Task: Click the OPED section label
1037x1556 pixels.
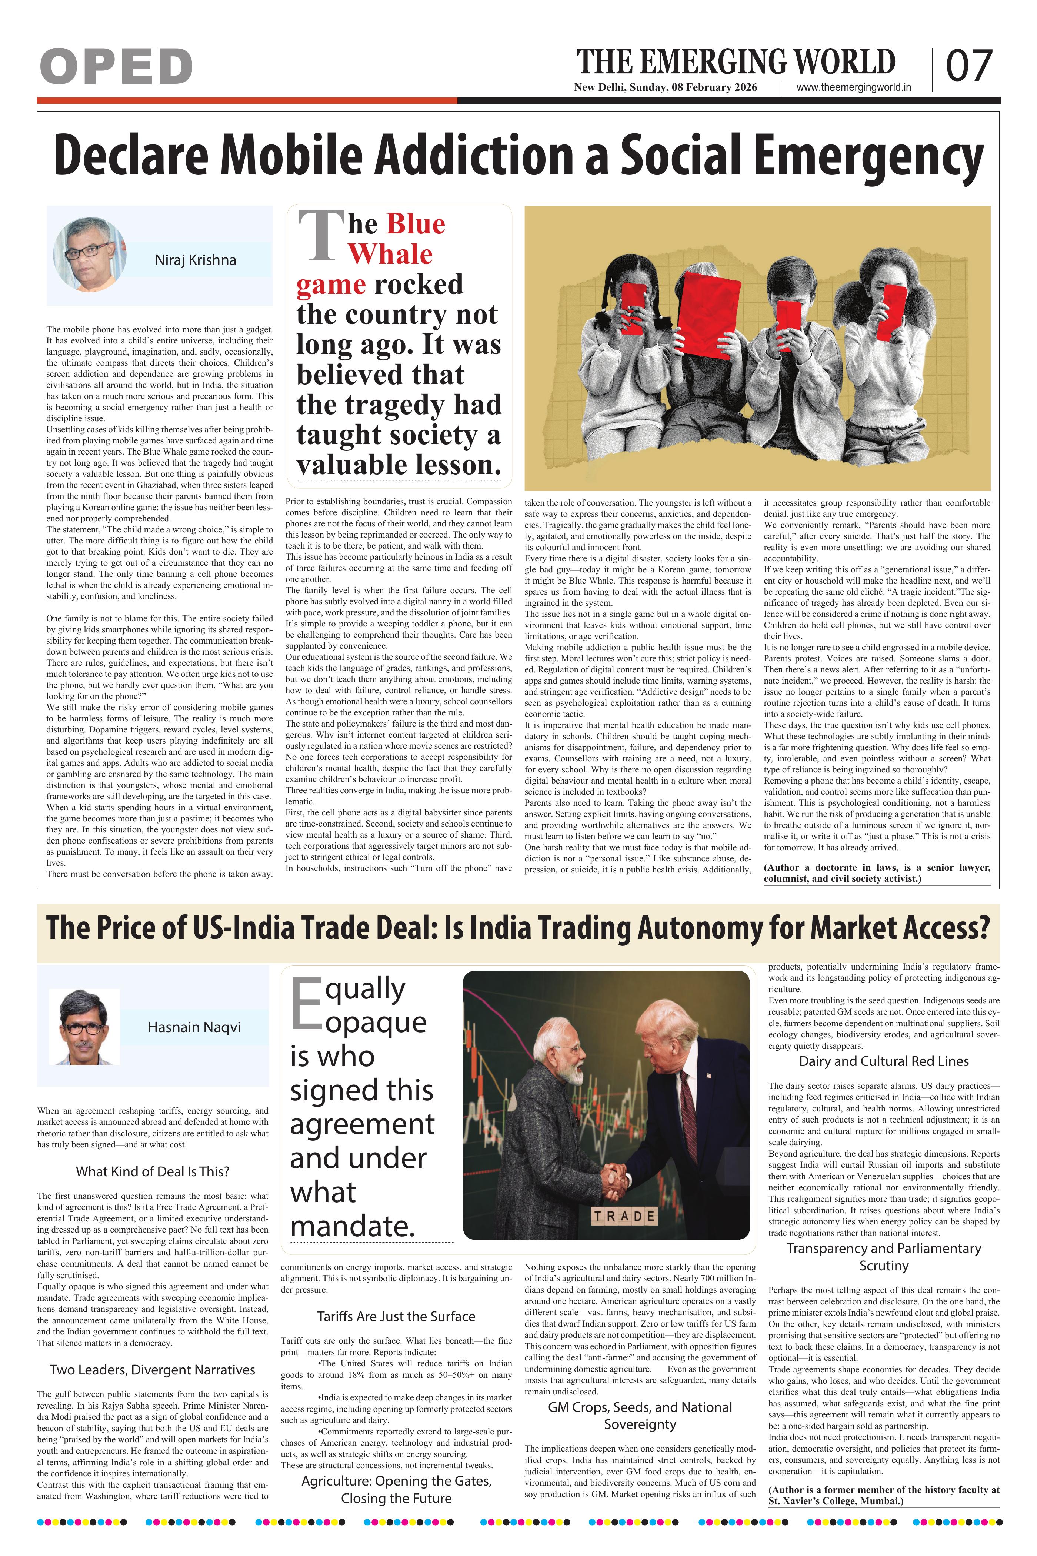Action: pyautogui.click(x=116, y=66)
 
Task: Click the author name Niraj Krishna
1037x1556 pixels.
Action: pyautogui.click(x=195, y=260)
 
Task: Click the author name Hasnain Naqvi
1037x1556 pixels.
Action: pyautogui.click(x=194, y=1027)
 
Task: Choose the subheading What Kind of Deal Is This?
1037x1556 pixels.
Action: pyautogui.click(x=152, y=1171)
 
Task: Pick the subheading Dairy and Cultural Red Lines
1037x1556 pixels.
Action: pyautogui.click(x=884, y=1061)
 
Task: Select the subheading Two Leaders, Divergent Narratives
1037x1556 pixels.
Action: pyautogui.click(x=152, y=1369)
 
